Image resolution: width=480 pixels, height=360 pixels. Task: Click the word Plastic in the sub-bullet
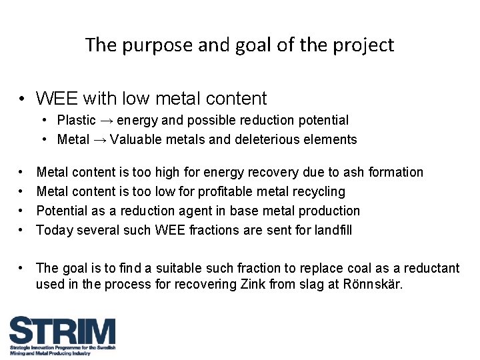(x=77, y=121)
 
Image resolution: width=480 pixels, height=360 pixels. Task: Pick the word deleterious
(x=267, y=140)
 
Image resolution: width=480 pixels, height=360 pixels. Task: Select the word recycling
(x=317, y=192)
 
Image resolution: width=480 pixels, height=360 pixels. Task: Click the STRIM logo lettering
(x=62, y=331)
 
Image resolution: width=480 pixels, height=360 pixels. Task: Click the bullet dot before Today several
(x=22, y=230)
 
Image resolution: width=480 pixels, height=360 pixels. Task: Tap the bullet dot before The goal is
(x=22, y=269)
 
